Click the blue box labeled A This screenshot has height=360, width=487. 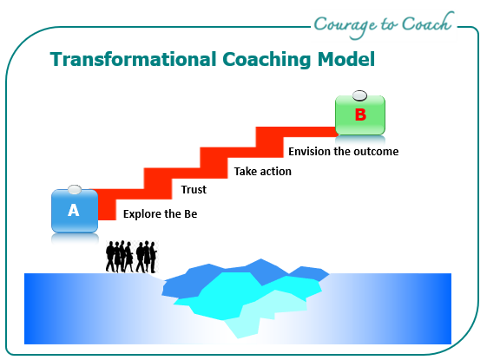click(75, 211)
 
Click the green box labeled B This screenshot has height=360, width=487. click(360, 115)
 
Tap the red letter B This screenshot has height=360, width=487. click(360, 115)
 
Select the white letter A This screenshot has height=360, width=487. click(74, 211)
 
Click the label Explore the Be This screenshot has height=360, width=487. click(160, 213)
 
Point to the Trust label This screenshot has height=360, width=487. click(194, 189)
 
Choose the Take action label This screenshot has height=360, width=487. click(263, 171)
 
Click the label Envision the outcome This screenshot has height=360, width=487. click(344, 152)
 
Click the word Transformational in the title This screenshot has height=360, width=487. click(133, 59)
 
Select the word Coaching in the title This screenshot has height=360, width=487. click(267, 60)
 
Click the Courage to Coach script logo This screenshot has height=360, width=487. click(384, 25)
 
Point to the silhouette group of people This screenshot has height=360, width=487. click(131, 257)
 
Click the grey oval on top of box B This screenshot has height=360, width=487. click(359, 95)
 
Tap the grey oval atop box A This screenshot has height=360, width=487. click(75, 190)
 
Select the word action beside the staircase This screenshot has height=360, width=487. click(276, 172)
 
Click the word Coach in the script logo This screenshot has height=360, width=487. click(428, 23)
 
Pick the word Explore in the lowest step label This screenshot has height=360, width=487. click(142, 214)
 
